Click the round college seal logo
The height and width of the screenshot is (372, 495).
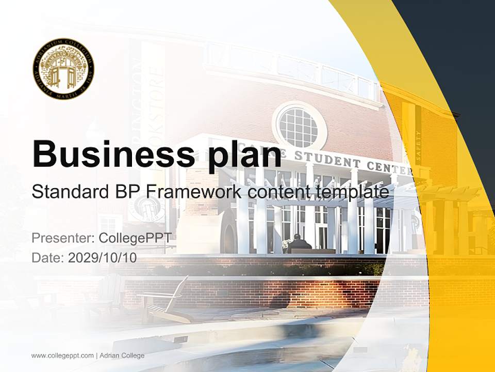tap(63, 68)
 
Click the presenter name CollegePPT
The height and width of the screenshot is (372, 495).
tap(135, 238)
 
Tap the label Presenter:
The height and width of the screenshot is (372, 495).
tap(62, 238)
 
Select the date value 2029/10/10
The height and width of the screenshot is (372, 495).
tap(103, 257)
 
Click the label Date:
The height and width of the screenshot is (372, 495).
tap(48, 257)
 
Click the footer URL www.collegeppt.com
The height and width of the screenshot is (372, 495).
tap(62, 355)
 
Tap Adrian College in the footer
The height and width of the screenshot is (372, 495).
tap(122, 355)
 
